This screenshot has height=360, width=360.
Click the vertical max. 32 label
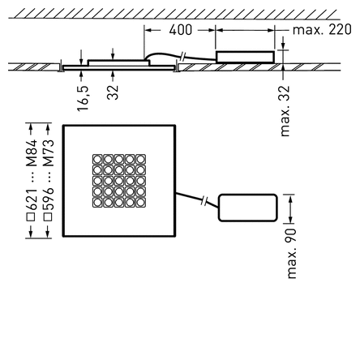[x=285, y=111]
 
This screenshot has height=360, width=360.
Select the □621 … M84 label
[x=32, y=178]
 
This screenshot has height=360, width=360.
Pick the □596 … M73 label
[x=49, y=178]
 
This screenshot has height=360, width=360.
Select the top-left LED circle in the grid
[x=98, y=159]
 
